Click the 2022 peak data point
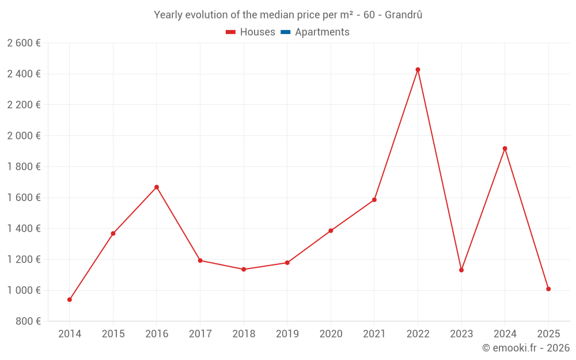(418, 70)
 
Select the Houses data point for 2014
(70, 300)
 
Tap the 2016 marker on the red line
(157, 187)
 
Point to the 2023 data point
(461, 270)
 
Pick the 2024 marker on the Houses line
(505, 149)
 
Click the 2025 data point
(548, 289)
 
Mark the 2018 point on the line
(244, 270)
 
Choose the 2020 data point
(331, 231)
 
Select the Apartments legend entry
(322, 32)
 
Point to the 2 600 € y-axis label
(24, 43)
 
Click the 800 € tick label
(28, 321)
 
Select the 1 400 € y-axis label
(24, 229)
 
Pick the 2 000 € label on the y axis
(24, 136)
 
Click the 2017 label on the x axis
(200, 334)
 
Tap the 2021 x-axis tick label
(374, 334)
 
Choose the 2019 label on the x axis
(287, 334)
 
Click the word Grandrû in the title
(403, 15)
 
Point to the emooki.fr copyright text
(525, 348)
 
